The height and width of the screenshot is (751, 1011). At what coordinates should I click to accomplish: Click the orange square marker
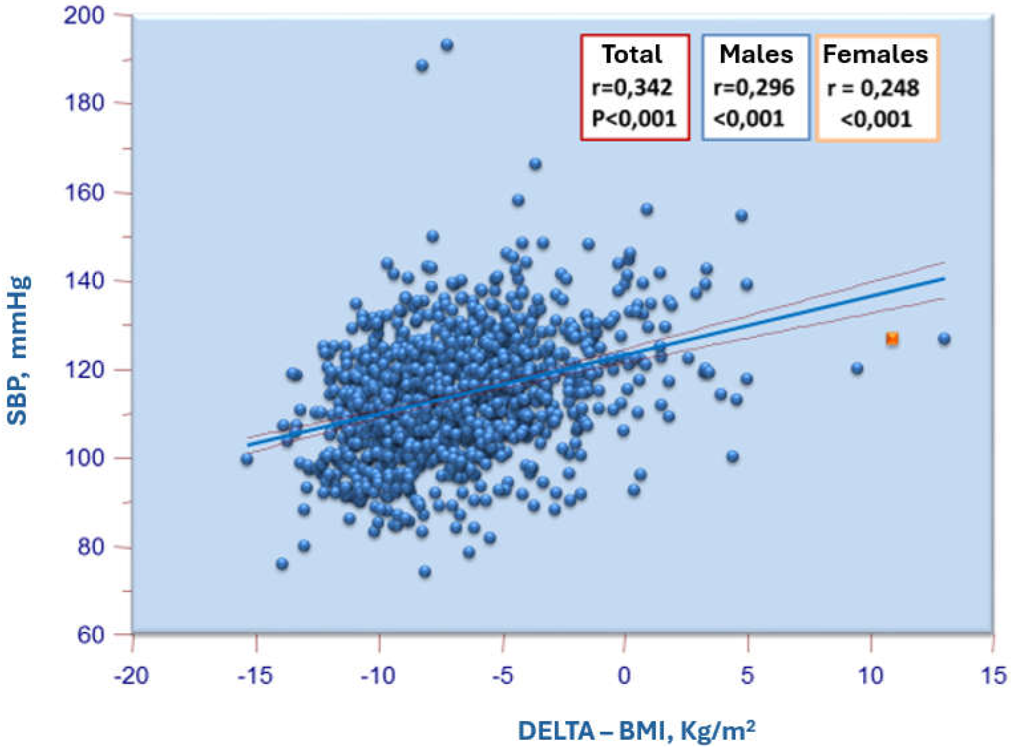point(892,339)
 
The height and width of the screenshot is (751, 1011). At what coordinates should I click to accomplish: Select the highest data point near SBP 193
point(447,45)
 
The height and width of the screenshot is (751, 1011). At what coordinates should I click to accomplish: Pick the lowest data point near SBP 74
point(425,572)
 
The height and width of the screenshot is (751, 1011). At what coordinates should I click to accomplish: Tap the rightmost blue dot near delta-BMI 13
point(944,339)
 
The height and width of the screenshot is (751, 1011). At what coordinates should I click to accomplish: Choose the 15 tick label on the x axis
point(992,676)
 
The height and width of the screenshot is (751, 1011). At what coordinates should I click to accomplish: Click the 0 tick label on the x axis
point(624,676)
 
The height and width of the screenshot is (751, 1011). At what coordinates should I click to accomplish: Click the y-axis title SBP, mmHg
point(19,350)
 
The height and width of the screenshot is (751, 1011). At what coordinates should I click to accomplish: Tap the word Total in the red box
point(632,54)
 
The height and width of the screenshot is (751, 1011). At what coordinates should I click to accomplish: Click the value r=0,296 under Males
point(754,87)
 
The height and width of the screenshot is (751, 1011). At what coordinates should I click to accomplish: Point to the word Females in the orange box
point(875,54)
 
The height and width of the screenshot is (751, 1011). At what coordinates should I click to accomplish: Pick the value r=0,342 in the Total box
point(632,87)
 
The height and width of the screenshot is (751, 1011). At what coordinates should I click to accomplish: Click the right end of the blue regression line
point(943,279)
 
